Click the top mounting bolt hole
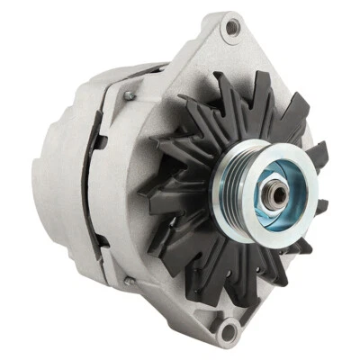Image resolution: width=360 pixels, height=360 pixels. point(232,30)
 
